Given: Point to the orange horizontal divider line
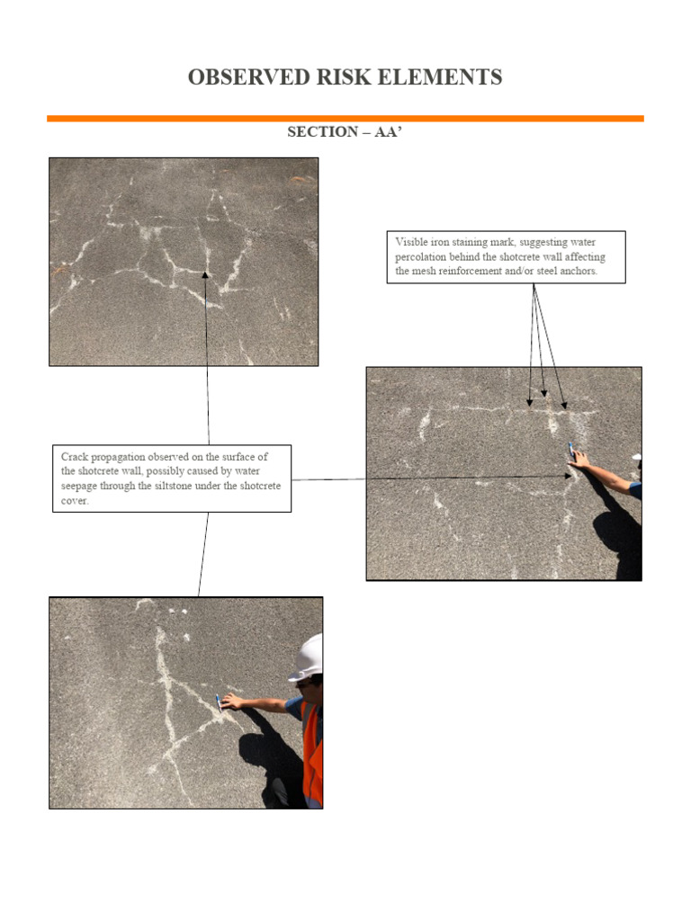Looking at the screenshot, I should point(345,118).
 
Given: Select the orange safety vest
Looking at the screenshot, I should point(312,751).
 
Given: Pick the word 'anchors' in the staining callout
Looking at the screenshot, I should point(577,270).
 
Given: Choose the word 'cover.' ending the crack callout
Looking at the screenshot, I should point(75,500).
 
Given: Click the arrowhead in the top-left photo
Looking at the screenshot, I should point(206,273).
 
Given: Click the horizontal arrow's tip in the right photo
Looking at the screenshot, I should point(572,477).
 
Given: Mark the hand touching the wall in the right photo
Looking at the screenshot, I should point(580,460).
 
